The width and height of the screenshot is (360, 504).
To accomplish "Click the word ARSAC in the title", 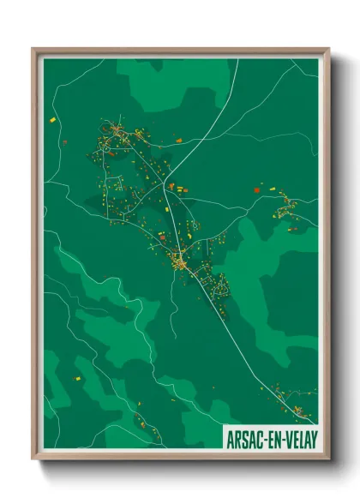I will (x=244, y=436).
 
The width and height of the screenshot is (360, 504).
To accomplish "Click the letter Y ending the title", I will (x=313, y=436).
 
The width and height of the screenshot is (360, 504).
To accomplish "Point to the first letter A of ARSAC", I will (x=229, y=436).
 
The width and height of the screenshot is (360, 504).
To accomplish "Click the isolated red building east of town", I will (x=256, y=188).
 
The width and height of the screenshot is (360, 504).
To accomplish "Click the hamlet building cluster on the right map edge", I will (x=287, y=206).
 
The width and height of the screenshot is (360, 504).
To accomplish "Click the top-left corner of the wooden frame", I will (x=33, y=49).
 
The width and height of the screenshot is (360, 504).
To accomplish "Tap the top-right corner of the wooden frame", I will (x=329, y=49).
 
